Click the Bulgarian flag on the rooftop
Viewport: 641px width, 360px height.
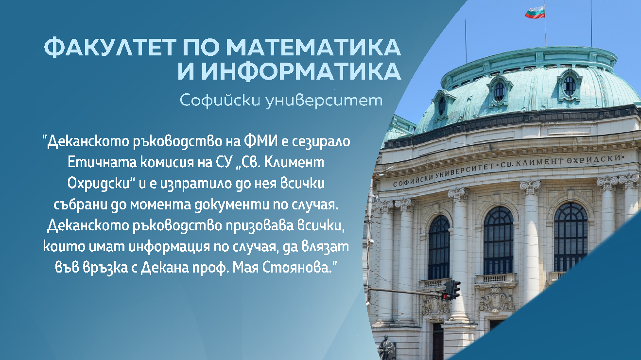535,12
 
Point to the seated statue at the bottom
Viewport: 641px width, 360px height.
387,347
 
